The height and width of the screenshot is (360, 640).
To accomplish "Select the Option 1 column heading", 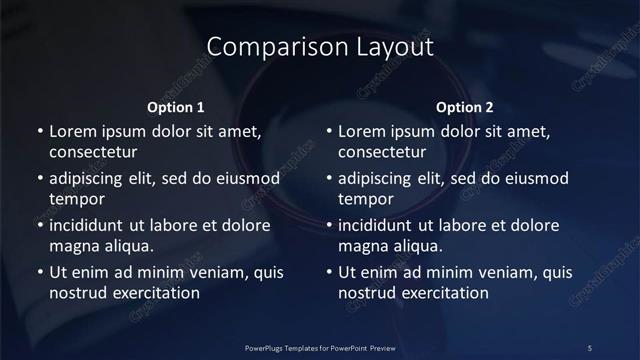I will pos(176,107).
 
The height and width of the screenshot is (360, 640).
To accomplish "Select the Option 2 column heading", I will pos(465,107).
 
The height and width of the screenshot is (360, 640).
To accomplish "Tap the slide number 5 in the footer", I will pos(590,347).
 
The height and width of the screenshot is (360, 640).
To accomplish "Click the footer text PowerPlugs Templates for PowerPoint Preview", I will pos(320,347).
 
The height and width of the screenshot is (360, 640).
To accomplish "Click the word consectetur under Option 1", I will pos(92,153).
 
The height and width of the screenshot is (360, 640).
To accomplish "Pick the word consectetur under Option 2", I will pos(382,153).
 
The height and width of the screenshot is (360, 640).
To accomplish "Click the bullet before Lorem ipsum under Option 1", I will pos(39,131).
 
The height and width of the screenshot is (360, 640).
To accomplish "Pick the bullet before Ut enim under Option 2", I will pos(329,272).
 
